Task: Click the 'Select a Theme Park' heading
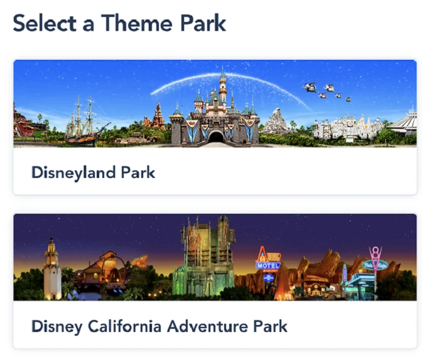click(119, 23)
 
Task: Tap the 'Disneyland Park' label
click(93, 172)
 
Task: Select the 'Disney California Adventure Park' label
click(160, 326)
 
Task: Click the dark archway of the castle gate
click(216, 137)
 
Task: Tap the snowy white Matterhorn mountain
click(275, 122)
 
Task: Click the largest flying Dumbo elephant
click(310, 87)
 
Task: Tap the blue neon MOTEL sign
click(268, 265)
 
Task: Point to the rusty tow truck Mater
click(333, 292)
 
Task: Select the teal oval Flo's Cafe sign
click(375, 265)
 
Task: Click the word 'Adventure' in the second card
click(207, 326)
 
